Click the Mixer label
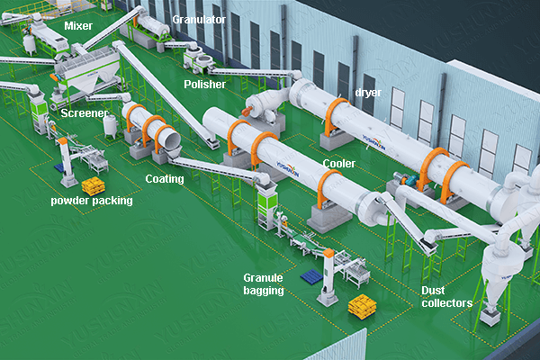(x=77, y=26)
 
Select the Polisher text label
(x=204, y=84)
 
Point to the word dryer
(x=368, y=91)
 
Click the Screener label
(x=85, y=114)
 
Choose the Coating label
(x=164, y=178)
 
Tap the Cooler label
(x=337, y=164)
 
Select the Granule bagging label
(x=264, y=284)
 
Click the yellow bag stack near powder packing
(x=93, y=185)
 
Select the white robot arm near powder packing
(x=65, y=158)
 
